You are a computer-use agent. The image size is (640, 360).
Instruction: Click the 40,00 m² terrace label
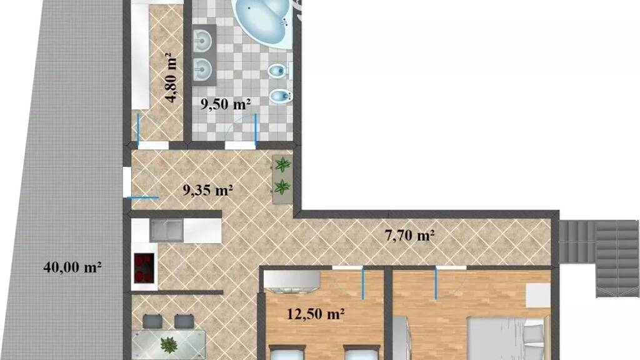tap(72, 267)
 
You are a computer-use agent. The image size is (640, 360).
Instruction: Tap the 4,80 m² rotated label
tap(172, 77)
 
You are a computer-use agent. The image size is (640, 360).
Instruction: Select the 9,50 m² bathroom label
tap(225, 104)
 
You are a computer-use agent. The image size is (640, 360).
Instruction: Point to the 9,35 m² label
tap(207, 190)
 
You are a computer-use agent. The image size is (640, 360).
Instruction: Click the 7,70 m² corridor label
tap(409, 235)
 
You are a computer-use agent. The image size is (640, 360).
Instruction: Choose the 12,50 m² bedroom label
tap(316, 314)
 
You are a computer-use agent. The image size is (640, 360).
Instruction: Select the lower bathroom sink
tap(202, 69)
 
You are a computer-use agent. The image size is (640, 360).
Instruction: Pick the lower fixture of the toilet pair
tap(281, 96)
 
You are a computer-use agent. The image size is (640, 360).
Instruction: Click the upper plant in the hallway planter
tap(282, 165)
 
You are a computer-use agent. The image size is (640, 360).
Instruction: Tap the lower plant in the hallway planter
tap(282, 187)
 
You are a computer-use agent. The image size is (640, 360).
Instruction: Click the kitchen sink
tap(166, 231)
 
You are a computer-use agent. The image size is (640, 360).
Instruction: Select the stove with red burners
tap(144, 267)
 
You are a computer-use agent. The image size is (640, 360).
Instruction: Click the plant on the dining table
tap(169, 345)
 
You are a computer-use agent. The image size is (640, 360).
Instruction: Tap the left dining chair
tap(152, 321)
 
